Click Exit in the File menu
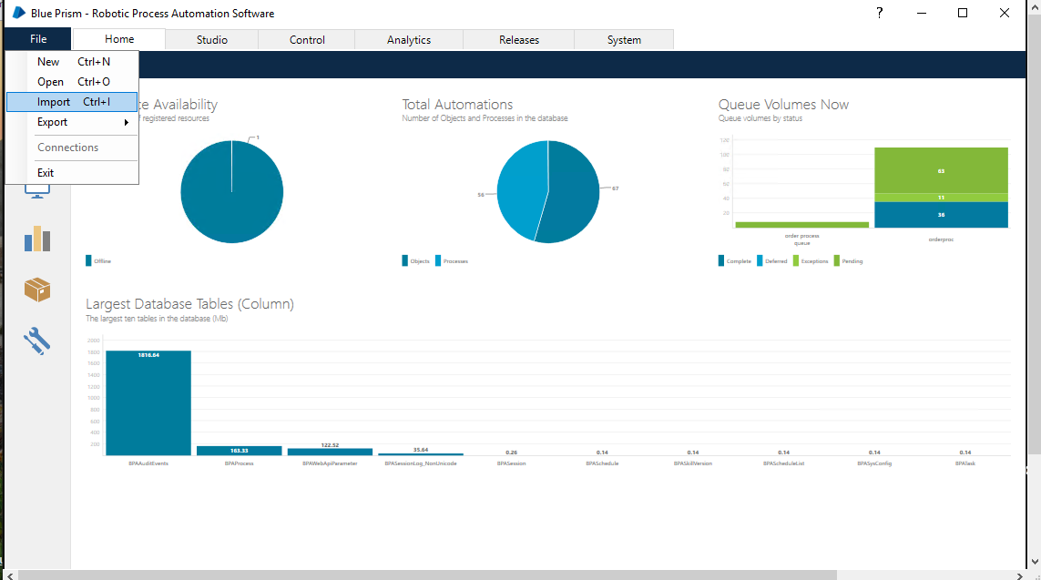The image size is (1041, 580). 46,173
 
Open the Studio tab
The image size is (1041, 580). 211,40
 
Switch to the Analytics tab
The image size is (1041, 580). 408,40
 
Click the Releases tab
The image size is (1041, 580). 518,40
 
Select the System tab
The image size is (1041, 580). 624,40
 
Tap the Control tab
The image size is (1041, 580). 307,40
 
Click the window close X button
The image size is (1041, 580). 1004,13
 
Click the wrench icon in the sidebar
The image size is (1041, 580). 37,341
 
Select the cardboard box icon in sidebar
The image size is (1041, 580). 37,290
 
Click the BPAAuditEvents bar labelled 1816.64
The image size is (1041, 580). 148,402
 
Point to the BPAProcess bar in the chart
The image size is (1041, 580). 239,451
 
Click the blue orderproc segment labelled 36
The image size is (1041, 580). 941,215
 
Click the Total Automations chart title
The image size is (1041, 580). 457,105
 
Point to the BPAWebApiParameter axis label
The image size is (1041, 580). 330,463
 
